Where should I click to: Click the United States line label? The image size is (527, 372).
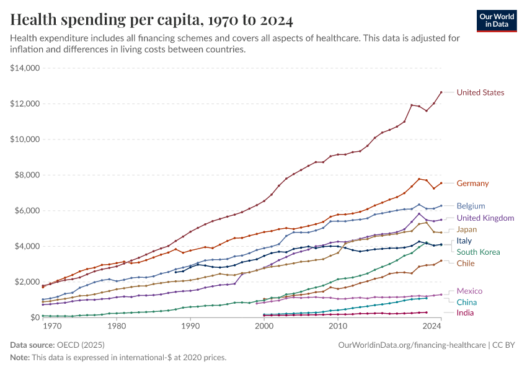pyautogui.click(x=480, y=92)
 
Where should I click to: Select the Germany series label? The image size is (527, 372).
pyautogui.click(x=472, y=184)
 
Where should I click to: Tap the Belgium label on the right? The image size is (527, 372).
pyautogui.click(x=471, y=206)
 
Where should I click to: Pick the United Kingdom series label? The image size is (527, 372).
pyautogui.click(x=485, y=218)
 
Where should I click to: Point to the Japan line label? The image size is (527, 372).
pyautogui.click(x=467, y=229)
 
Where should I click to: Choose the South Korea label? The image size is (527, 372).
pyautogui.click(x=478, y=252)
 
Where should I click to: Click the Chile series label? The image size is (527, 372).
pyautogui.click(x=466, y=263)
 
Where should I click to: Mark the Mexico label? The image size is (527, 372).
pyautogui.click(x=469, y=291)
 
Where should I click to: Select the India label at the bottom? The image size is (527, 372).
pyautogui.click(x=465, y=313)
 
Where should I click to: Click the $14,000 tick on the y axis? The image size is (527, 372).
pyautogui.click(x=25, y=68)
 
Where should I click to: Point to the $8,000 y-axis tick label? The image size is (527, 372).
pyautogui.click(x=27, y=175)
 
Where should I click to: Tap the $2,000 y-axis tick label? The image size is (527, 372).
pyautogui.click(x=27, y=281)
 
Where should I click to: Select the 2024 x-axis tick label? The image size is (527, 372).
pyautogui.click(x=432, y=325)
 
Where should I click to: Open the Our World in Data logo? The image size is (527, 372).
pyautogui.click(x=496, y=20)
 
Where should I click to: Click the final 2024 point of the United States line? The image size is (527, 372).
pyautogui.click(x=441, y=92)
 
